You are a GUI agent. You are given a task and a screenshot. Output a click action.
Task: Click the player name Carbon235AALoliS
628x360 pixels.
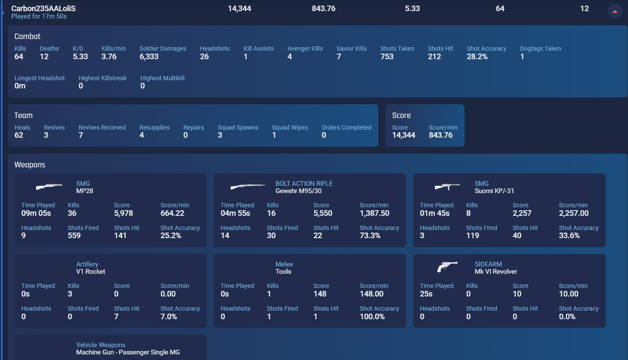[43, 8]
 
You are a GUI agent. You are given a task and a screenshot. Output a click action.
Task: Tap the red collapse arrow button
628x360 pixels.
[615, 11]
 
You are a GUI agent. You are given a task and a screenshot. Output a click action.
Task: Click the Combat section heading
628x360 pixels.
[27, 36]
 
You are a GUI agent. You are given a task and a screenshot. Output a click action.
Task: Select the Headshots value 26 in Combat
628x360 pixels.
[204, 57]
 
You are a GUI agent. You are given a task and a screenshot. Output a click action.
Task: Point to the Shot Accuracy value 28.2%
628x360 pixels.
[477, 57]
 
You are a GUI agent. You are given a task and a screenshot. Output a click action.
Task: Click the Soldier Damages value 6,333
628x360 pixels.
[149, 57]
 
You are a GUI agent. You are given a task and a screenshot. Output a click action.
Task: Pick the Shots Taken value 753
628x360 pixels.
[387, 57]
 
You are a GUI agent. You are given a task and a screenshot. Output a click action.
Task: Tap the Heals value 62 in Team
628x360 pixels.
[19, 135]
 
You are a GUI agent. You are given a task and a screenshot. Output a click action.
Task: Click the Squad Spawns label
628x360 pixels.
[238, 128]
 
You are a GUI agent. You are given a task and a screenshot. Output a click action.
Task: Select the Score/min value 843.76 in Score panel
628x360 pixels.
[441, 135]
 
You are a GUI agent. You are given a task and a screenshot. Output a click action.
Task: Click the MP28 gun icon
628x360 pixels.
[49, 187]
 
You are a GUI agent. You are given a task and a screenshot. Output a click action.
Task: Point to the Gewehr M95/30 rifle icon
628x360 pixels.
[248, 187]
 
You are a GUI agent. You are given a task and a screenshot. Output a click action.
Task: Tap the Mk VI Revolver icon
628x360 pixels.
[447, 267]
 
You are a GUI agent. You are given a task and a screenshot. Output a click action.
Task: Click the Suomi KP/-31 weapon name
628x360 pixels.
[494, 191]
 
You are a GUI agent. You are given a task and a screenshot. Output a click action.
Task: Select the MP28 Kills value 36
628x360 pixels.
[72, 213]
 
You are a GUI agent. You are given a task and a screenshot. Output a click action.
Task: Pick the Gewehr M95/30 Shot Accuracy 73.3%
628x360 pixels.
[370, 236]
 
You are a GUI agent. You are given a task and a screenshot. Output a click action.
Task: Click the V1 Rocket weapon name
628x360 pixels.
[91, 271]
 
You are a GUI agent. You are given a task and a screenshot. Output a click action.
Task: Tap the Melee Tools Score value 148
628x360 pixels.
[320, 294]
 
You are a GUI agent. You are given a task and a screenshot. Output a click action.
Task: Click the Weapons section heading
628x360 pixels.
[30, 165]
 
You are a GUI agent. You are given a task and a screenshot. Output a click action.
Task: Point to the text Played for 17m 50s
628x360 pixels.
[39, 16]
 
